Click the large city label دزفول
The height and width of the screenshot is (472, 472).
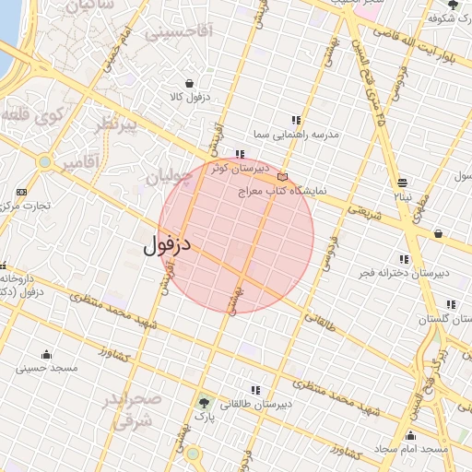[167, 246]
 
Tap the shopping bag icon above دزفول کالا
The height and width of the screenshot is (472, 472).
[189, 83]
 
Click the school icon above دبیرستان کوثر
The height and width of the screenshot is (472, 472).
[240, 154]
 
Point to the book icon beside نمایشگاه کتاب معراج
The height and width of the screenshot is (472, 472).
[282, 176]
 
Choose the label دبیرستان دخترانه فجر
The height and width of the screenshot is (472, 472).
[405, 274]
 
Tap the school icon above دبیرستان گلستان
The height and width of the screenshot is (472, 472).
[451, 304]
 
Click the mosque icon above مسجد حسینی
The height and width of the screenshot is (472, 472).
[46, 355]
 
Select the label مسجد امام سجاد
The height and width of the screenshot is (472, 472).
[410, 449]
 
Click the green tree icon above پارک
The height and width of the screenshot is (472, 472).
[204, 402]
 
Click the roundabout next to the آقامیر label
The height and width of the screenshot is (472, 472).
[43, 162]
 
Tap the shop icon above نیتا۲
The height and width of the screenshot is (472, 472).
[402, 183]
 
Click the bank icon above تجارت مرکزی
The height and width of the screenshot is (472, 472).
[21, 192]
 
